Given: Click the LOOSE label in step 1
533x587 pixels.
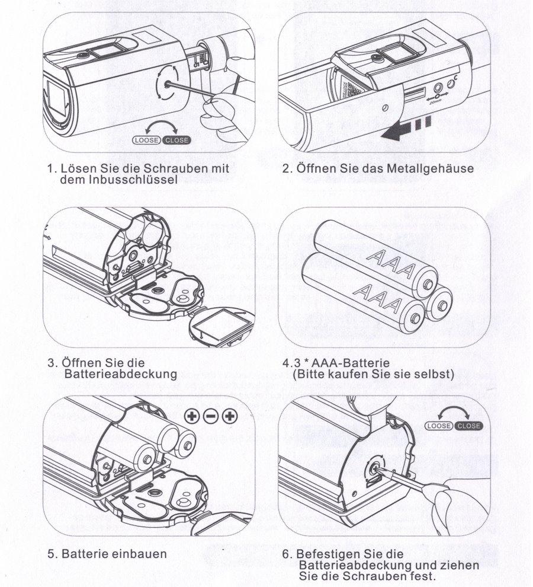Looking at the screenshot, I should [146, 141].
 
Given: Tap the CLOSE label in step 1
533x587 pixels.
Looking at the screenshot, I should [176, 141].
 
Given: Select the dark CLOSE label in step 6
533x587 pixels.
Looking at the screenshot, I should [469, 426].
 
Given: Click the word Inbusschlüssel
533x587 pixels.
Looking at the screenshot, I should [126, 179].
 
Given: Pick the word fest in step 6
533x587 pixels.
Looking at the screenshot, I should [423, 576].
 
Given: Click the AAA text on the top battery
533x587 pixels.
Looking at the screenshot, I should [389, 262].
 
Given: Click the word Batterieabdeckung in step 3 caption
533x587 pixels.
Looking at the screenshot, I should [122, 374].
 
